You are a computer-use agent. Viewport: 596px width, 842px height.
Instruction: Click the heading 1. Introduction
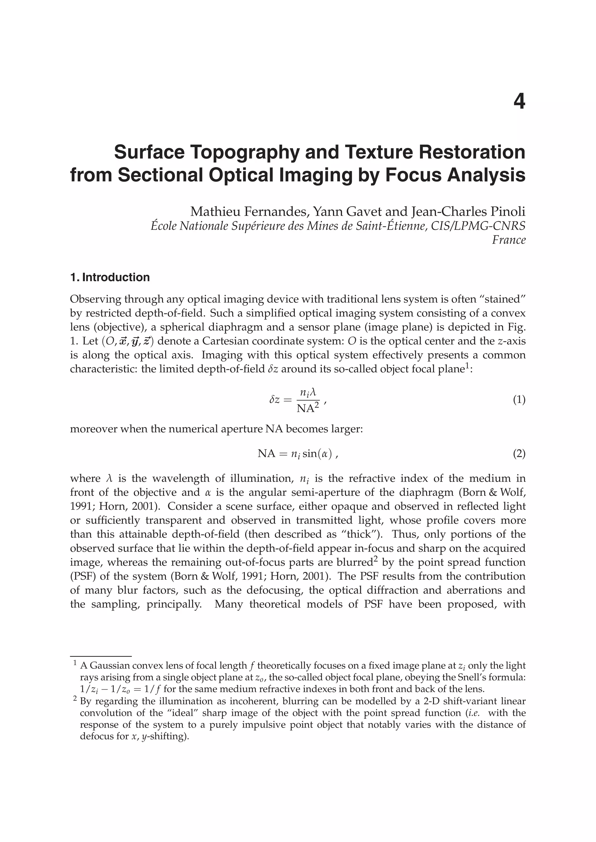pos(110,277)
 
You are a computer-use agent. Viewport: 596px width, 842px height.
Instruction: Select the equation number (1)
pos(519,399)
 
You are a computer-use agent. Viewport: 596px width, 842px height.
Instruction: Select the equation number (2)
pos(519,454)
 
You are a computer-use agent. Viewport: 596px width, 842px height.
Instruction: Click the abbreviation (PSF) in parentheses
pos(83,576)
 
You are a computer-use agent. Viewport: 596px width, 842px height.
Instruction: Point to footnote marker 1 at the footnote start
pos(75,663)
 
